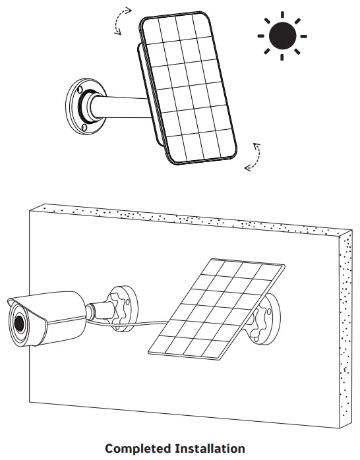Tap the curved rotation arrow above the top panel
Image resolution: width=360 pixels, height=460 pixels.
pos(121,20)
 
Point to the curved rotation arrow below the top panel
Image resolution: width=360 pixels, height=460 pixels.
pos(254,158)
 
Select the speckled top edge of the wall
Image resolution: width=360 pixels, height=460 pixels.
pos(185,217)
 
